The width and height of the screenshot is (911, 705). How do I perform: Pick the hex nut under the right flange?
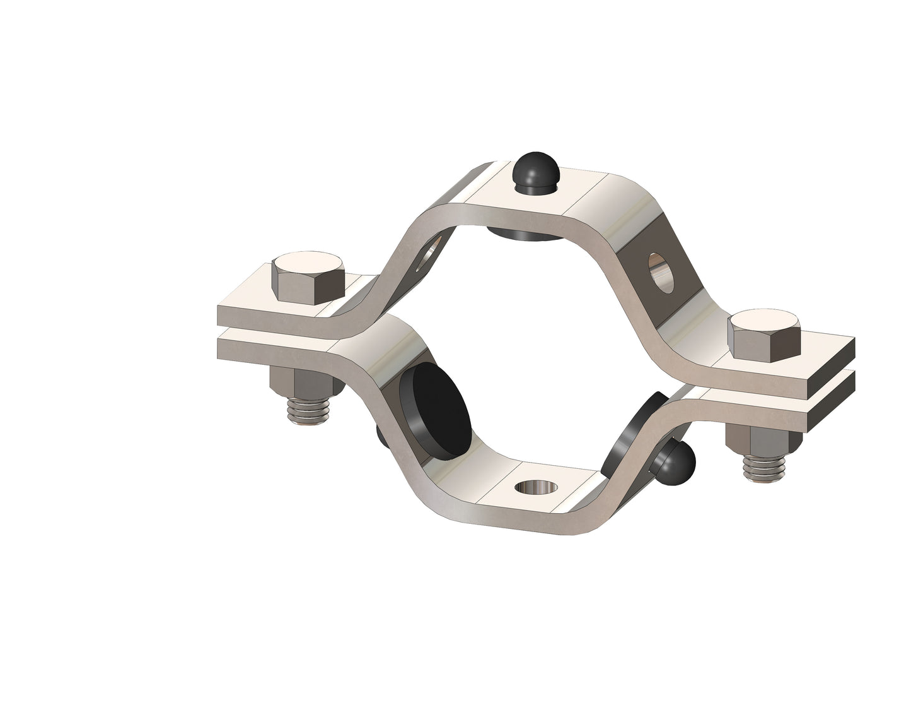pos(753,441)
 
